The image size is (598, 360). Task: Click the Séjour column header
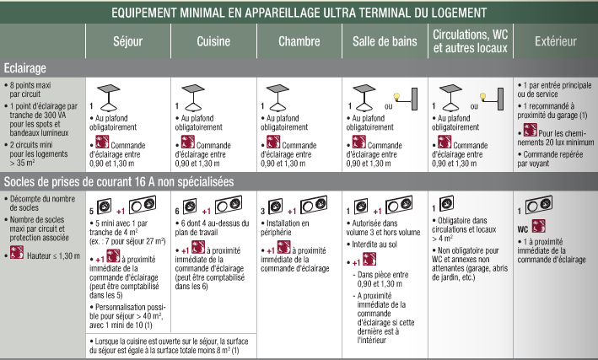tap(127, 40)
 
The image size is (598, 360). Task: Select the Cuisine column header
tap(213, 40)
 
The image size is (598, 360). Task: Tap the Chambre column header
tap(299, 40)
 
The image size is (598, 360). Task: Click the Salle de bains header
tap(384, 40)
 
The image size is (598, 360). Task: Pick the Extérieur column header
tap(555, 40)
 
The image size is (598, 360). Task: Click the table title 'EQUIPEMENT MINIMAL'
tap(299, 13)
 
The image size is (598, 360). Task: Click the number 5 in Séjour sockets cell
tap(92, 208)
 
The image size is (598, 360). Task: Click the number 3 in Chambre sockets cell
tap(262, 208)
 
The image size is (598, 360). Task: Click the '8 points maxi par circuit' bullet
tap(30, 90)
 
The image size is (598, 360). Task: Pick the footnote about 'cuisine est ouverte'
tap(169, 345)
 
